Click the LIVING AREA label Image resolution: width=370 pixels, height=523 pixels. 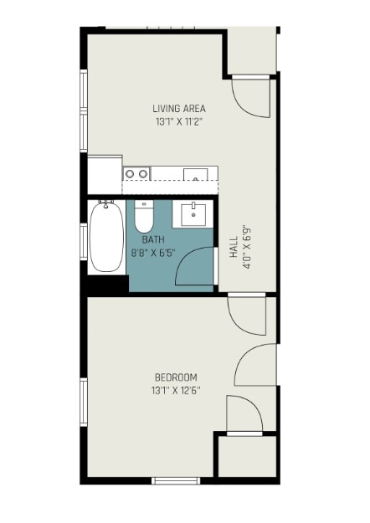[x=179, y=109]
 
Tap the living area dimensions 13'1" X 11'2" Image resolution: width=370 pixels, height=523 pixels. [x=179, y=121]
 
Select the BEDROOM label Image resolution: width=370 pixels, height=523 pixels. [x=176, y=377]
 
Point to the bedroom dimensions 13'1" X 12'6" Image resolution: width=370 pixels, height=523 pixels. [x=176, y=390]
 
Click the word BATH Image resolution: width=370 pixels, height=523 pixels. [x=153, y=239]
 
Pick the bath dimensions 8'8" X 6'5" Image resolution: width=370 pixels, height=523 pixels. [x=153, y=253]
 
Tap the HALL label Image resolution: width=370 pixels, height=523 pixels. [x=234, y=247]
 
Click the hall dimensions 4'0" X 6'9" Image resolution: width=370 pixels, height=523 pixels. [x=247, y=247]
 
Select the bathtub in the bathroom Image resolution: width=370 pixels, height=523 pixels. [x=106, y=237]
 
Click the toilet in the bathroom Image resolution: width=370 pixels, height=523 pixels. [x=144, y=217]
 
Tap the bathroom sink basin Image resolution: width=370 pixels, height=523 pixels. [x=193, y=215]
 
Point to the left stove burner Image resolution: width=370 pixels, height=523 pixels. [x=130, y=174]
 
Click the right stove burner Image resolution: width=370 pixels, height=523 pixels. [x=143, y=174]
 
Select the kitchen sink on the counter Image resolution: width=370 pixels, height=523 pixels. [x=196, y=174]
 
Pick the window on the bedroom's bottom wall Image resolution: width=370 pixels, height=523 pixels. [x=176, y=480]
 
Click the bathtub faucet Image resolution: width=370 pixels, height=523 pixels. [x=105, y=204]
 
